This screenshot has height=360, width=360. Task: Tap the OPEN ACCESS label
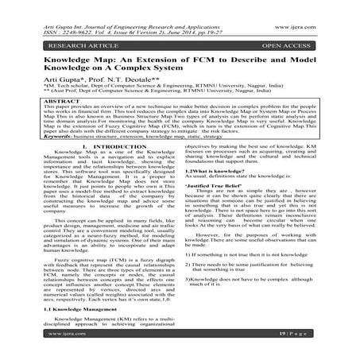tap(296, 37)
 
